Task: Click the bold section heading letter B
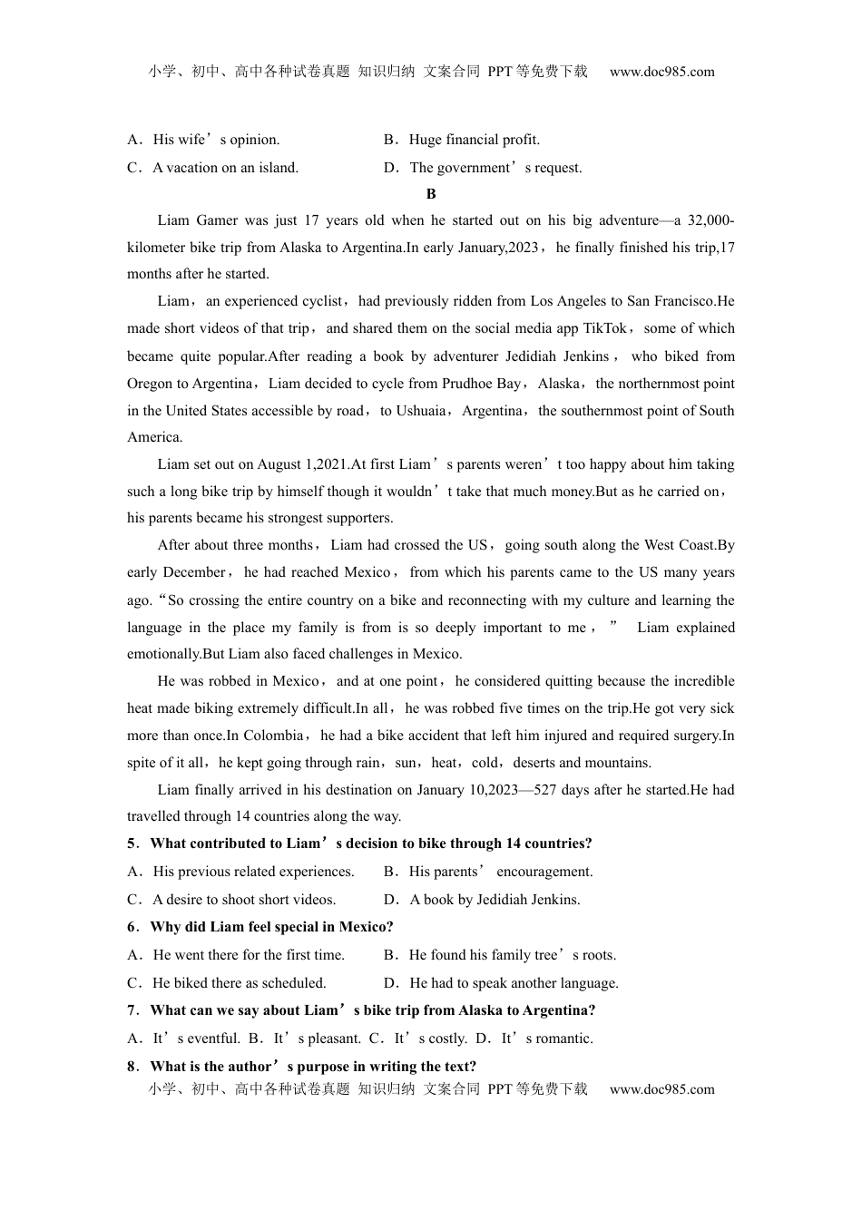pos(431,193)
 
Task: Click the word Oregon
pos(150,384)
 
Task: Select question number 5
pos(132,844)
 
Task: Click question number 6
pos(132,927)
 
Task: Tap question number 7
pos(132,1010)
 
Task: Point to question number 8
pos(132,1067)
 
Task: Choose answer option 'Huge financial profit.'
pos(474,140)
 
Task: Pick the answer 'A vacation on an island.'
pos(225,168)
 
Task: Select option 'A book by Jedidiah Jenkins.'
pos(495,900)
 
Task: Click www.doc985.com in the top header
pos(662,72)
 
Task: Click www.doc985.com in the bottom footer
pos(662,1089)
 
